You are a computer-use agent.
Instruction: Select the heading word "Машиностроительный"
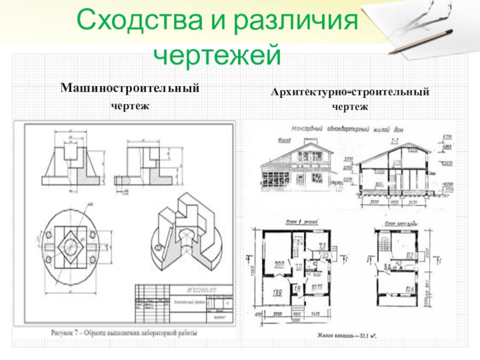tap(129, 88)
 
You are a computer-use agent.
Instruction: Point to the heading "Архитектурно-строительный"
tap(350, 93)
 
